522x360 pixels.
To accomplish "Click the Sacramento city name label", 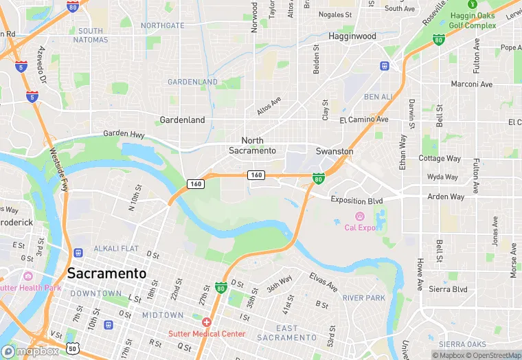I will (x=106, y=273).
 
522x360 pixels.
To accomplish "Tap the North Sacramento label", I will (x=253, y=145).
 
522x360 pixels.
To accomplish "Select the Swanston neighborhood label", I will (x=334, y=151).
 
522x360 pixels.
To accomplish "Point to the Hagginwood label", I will (x=352, y=36).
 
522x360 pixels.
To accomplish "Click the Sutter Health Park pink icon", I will (x=28, y=276).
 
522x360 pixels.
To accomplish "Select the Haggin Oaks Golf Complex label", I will (x=473, y=21).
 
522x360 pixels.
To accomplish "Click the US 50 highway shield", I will (x=72, y=349).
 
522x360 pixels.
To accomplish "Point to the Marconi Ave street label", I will (x=472, y=85).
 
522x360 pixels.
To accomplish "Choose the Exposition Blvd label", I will (x=356, y=200).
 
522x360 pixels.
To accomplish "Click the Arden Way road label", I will (x=446, y=196).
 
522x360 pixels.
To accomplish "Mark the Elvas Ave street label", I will (x=323, y=281).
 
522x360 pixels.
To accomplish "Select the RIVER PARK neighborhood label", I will (x=364, y=298).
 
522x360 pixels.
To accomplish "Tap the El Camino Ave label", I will (x=364, y=120).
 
